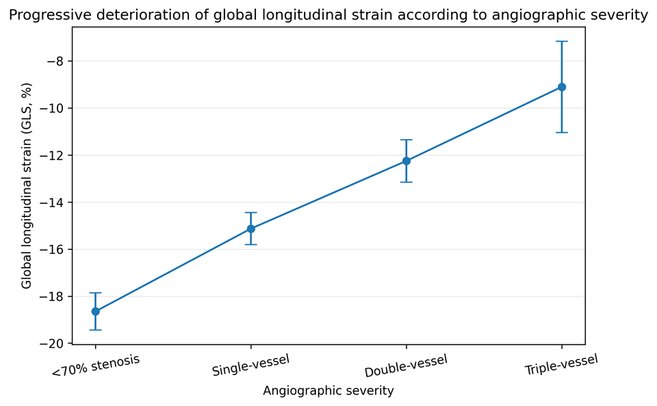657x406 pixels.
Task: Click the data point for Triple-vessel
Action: pos(561,87)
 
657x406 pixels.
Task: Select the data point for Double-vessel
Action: pos(406,161)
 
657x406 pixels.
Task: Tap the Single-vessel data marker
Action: pos(250,229)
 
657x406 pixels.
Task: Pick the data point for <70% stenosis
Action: pos(96,312)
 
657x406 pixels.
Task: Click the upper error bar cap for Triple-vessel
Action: pos(561,42)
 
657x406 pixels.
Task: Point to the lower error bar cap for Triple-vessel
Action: pos(561,132)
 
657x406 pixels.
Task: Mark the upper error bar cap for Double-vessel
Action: pos(406,140)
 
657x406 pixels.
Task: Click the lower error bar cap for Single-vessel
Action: pos(250,244)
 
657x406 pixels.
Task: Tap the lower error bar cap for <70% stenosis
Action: pos(96,330)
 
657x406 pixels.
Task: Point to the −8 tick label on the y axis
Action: pos(55,62)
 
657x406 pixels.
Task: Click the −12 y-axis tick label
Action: pos(52,155)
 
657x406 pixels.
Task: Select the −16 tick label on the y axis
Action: pos(52,250)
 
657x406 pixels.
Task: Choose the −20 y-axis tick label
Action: pos(52,344)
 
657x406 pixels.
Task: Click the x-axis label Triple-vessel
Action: pos(561,365)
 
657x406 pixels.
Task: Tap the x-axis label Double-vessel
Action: pos(406,366)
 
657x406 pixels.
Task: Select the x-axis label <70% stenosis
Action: pos(96,366)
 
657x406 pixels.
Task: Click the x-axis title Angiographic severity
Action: pos(328,391)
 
